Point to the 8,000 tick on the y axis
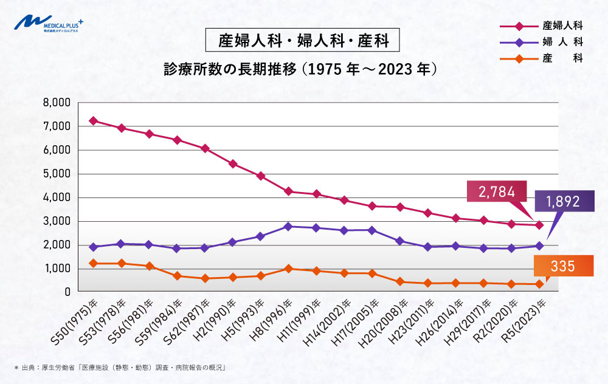pyautogui.click(x=57, y=102)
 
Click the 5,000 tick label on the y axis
pyautogui.click(x=57, y=174)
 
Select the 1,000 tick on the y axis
pyautogui.click(x=57, y=269)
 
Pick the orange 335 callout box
pyautogui.click(x=563, y=266)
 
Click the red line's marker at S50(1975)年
pyautogui.click(x=93, y=120)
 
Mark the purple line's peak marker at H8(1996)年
pyautogui.click(x=288, y=226)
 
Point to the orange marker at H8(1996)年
pyautogui.click(x=288, y=268)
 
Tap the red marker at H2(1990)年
pyautogui.click(x=232, y=163)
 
